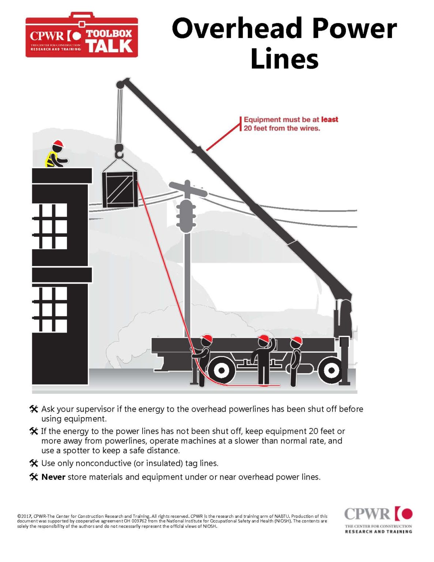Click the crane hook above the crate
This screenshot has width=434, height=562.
pos(119,150)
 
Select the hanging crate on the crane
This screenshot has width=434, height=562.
pos(120,189)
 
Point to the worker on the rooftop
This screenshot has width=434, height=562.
pos(56,155)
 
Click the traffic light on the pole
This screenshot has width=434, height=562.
pos(186,216)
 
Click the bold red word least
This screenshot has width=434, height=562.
pos(329,120)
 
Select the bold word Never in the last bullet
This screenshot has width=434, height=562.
pos(53,477)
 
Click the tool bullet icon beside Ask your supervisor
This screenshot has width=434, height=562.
pos(34,409)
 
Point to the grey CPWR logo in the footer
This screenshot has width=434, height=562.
pos(378,519)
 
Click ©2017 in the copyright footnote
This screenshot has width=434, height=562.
pos(24,516)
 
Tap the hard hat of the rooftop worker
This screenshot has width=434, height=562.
pos(58,143)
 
